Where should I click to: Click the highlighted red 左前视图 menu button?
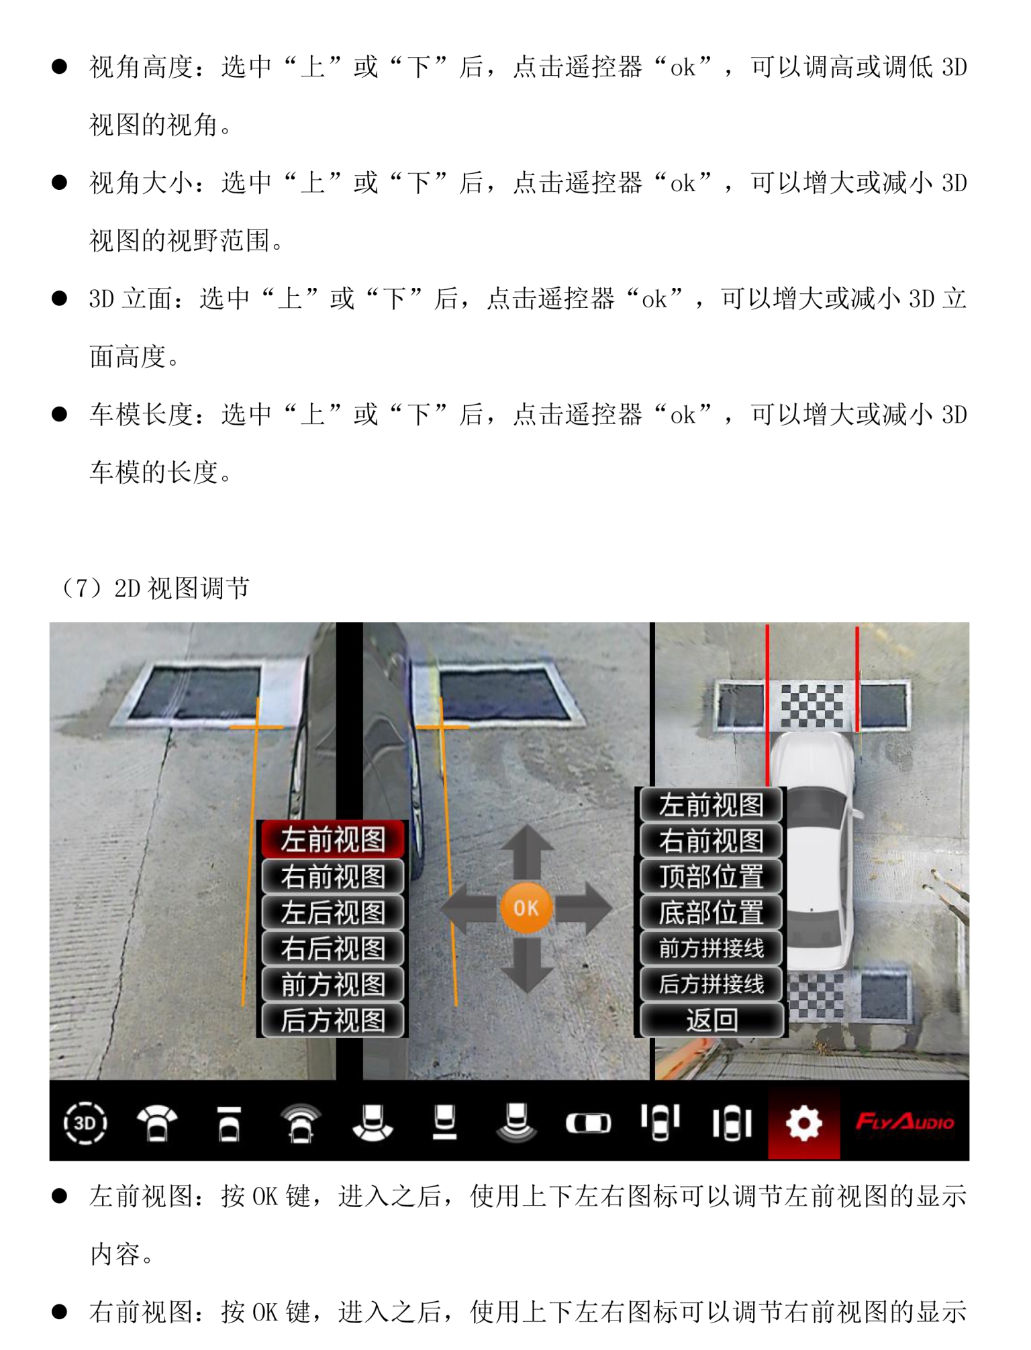333,839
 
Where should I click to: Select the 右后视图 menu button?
333,948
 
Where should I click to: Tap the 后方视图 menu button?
333,1020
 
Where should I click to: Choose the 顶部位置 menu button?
711,876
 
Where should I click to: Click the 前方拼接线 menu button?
711,948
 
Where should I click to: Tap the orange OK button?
526,908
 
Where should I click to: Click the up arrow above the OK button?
526,852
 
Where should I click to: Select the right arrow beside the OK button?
583,908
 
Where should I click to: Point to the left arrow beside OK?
469,908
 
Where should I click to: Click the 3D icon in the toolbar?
85,1123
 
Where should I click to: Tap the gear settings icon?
803,1123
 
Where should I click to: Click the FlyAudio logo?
905,1122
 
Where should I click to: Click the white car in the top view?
814,852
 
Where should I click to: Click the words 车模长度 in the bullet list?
141,415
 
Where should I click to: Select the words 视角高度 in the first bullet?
141,67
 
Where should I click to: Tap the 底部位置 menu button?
711,913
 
